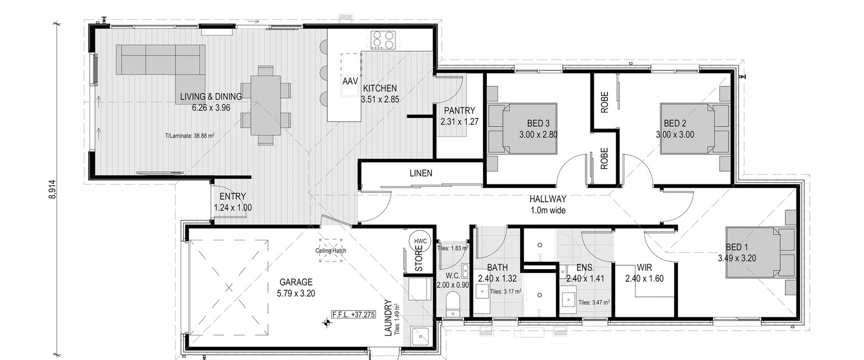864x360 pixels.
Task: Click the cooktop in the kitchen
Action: point(383,40)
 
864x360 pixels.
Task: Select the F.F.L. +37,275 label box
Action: point(353,315)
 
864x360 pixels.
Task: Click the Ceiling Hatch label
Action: point(331,250)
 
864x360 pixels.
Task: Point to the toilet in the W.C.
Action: point(453,305)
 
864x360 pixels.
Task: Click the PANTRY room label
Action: point(459,111)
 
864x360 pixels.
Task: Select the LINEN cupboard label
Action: point(421,173)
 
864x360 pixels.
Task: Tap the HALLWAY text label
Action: point(548,199)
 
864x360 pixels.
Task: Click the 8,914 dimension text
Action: point(53,189)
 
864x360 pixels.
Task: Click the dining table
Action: point(265,105)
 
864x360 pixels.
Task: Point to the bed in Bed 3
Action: point(522,128)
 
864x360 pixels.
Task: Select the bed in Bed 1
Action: point(760,253)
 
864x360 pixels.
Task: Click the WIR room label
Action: point(645,268)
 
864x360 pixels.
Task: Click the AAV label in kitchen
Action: point(350,81)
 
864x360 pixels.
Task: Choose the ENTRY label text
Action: point(233,197)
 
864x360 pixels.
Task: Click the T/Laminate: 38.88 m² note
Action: point(189,136)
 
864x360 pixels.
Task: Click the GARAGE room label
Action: point(296,282)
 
